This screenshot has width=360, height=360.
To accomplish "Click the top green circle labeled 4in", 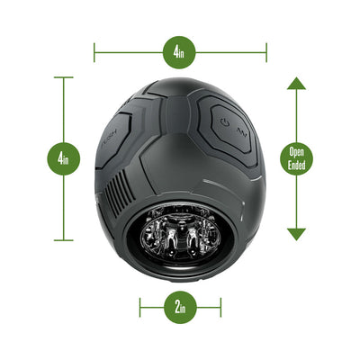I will (179, 52).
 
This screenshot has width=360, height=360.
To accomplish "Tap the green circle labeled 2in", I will (179, 306).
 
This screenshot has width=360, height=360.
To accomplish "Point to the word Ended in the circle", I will (296, 165).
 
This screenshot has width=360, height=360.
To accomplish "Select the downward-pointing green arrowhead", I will (296, 233).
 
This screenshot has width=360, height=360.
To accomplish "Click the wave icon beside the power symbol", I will (242, 131).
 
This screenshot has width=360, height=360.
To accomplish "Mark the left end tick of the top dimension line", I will (94, 52).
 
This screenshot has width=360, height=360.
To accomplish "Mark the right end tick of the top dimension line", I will (266, 52).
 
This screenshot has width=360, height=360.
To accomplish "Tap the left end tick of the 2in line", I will (140, 306).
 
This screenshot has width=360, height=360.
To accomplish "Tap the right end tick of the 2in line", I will (220, 306).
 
